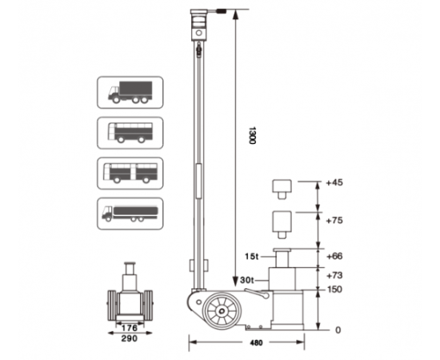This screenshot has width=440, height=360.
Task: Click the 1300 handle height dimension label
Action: pyautogui.click(x=252, y=135)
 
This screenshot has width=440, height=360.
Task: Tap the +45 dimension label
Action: pyautogui.click(x=334, y=182)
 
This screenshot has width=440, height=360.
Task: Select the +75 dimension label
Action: pyautogui.click(x=334, y=221)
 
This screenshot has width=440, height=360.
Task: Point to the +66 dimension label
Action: pyautogui.click(x=334, y=256)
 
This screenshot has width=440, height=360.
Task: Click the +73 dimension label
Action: pyautogui.click(x=334, y=275)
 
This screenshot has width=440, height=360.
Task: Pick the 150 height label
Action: pyautogui.click(x=334, y=290)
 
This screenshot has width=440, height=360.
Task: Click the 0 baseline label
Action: pyautogui.click(x=338, y=330)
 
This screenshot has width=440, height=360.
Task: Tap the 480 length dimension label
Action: pyautogui.click(x=256, y=342)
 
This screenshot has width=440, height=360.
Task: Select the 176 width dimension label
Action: pyautogui.click(x=130, y=328)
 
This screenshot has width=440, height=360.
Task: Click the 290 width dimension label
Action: pyautogui.click(x=130, y=338)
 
